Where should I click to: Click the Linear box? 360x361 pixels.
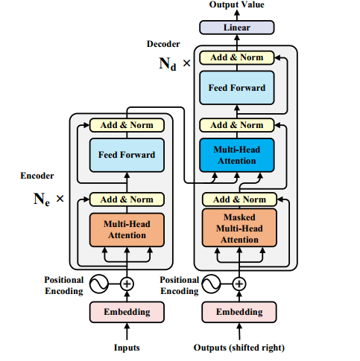[237, 28]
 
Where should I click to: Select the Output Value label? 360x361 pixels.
[237, 4]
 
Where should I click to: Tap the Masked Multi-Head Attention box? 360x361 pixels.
[239, 228]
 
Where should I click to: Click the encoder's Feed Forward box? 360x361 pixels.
[127, 155]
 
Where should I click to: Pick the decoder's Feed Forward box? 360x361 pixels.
[237, 88]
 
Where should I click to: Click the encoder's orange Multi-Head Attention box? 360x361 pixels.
[127, 230]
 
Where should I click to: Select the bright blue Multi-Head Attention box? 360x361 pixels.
[237, 155]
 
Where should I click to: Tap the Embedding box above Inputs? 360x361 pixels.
[127, 312]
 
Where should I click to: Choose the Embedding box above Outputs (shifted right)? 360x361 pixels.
[239, 312]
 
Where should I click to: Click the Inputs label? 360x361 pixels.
[127, 348]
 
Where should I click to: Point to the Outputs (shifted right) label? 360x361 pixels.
[239, 348]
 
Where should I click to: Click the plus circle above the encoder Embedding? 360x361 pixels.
[127, 284]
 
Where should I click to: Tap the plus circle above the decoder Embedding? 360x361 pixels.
[239, 284]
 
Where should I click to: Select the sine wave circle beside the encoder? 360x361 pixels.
[99, 284]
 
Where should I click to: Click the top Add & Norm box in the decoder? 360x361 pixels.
[237, 57]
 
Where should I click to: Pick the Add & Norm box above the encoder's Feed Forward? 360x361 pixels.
[127, 125]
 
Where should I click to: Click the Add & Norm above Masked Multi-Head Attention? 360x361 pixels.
[239, 199]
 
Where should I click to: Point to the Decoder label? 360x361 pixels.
[163, 44]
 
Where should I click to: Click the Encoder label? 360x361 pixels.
[37, 176]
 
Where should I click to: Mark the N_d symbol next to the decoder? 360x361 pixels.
[168, 64]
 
